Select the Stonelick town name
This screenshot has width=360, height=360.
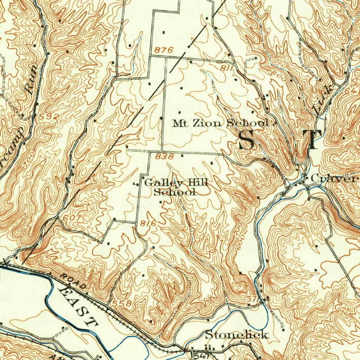coord(237,335)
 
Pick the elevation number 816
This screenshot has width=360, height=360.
coord(148,223)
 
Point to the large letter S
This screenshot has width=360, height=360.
coord(246,140)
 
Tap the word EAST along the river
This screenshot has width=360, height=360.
coord(78,306)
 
